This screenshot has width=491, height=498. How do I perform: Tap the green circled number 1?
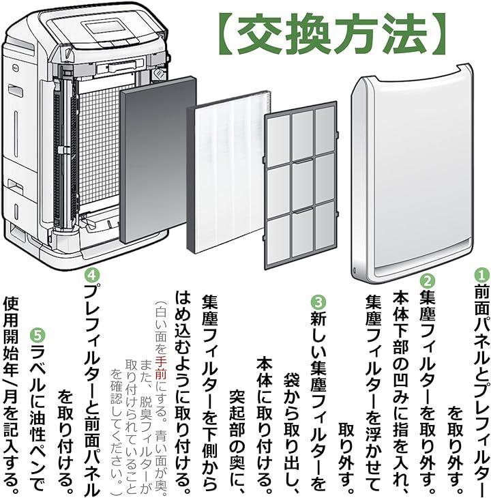tap(481, 274)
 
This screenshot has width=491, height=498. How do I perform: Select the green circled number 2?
tap(428, 280)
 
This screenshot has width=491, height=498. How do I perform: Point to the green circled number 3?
tap(318, 301)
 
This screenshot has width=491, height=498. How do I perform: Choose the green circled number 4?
tap(91, 275)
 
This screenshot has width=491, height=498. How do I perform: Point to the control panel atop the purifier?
tap(105, 27)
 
